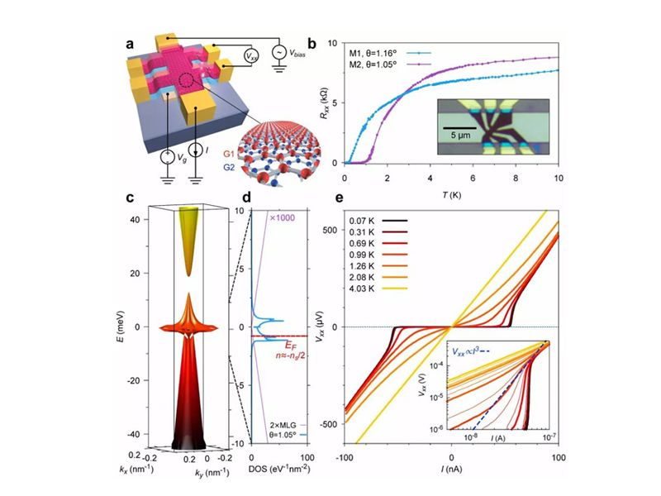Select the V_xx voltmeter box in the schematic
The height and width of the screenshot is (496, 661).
(249, 57)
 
